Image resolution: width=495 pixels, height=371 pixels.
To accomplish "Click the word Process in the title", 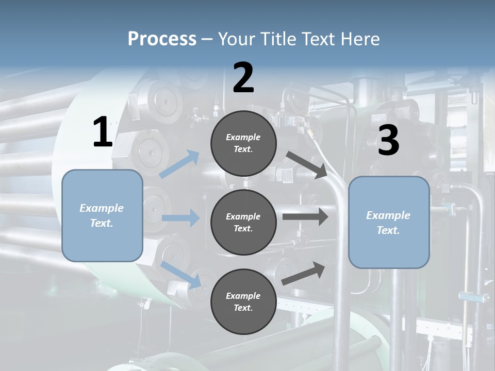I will click(x=162, y=39).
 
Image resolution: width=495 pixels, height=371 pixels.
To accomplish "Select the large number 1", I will click(x=103, y=132).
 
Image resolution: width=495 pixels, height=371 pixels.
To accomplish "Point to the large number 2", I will click(x=243, y=78).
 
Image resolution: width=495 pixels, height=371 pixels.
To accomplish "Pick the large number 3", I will click(x=388, y=141).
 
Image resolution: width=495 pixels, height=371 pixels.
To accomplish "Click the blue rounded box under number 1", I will click(x=102, y=215).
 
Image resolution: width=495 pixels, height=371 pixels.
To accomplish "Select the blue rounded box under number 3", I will click(x=389, y=223).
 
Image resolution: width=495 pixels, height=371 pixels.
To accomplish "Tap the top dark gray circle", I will click(x=243, y=143).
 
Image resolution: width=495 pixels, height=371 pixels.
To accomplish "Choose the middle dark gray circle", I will click(x=243, y=223).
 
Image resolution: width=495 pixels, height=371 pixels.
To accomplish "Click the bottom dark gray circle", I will click(x=243, y=301).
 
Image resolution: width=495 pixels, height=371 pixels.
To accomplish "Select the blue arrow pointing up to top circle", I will click(x=179, y=164).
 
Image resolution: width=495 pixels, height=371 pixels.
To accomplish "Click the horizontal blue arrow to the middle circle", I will click(x=180, y=218).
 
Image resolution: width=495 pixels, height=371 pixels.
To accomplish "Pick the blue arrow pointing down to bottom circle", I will click(x=180, y=274).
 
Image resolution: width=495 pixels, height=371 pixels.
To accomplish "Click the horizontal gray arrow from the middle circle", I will click(x=305, y=216).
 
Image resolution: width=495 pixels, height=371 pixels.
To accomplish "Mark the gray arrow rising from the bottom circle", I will click(x=303, y=274).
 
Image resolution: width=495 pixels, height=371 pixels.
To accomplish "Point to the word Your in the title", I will click(x=235, y=39).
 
